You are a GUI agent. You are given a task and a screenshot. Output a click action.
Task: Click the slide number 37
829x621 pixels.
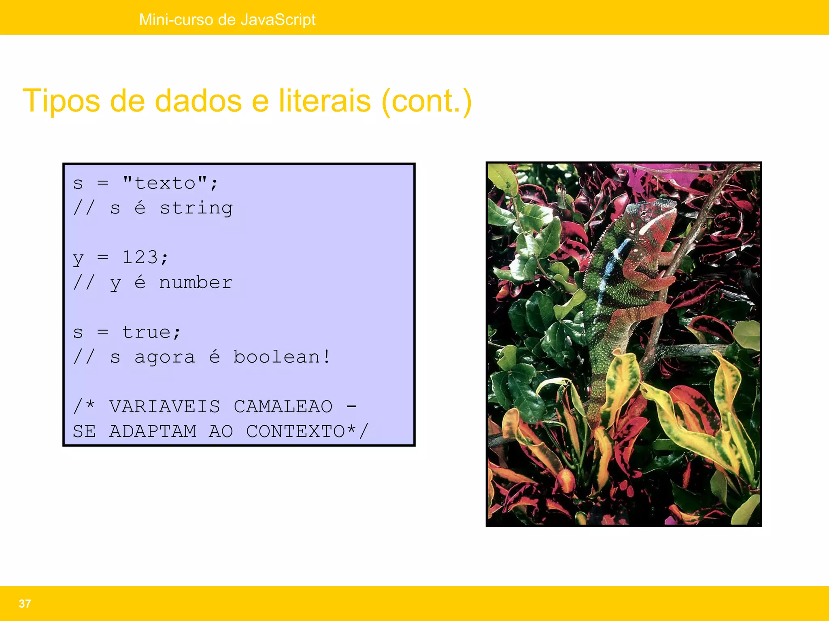click(x=25, y=604)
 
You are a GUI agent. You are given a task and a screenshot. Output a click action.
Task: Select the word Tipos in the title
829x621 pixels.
click(x=61, y=101)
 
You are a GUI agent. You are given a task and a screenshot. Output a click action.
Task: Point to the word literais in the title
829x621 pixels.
click(x=325, y=101)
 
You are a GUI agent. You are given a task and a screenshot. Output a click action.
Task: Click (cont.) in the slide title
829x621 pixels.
click(x=427, y=101)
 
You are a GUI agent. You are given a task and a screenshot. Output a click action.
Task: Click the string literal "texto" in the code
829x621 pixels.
click(x=165, y=184)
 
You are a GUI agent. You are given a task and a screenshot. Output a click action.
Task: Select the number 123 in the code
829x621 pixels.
click(x=140, y=258)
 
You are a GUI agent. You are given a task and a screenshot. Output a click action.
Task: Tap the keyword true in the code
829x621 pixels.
click(x=146, y=332)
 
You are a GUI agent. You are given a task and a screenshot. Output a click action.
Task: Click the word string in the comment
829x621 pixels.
click(x=196, y=209)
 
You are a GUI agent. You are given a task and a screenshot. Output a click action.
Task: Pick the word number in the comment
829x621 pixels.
click(x=196, y=283)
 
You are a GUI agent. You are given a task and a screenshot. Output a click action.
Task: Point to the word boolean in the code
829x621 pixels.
click(x=277, y=357)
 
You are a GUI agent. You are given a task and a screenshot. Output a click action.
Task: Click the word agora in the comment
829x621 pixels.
click(x=165, y=357)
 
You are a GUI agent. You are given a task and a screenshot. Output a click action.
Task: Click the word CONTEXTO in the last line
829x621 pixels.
click(x=295, y=431)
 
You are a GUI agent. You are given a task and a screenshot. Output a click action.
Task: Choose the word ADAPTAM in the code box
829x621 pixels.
click(x=153, y=431)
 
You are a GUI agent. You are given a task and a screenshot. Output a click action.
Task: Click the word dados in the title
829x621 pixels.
click(x=198, y=101)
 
